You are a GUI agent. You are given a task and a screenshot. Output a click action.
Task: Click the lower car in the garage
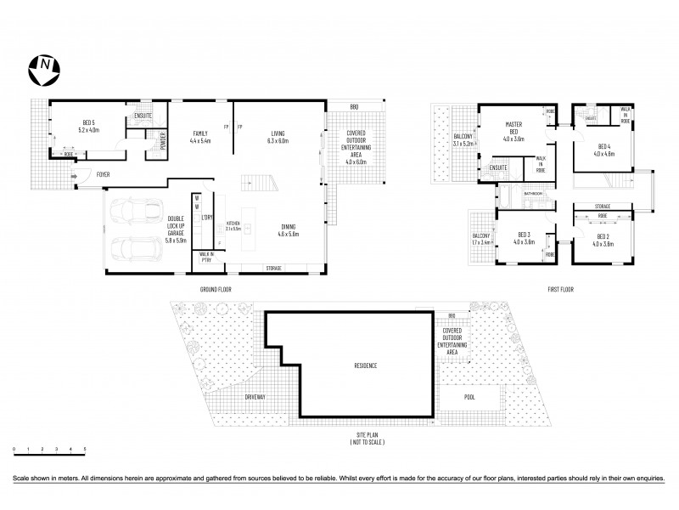point(136,248)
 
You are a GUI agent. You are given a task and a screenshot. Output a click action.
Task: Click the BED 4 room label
point(604,150)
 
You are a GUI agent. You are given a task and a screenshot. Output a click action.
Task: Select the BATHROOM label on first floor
point(533,194)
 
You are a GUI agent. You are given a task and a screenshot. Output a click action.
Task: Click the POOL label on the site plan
point(469,397)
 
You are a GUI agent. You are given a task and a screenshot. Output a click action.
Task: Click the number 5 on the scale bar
point(85,448)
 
